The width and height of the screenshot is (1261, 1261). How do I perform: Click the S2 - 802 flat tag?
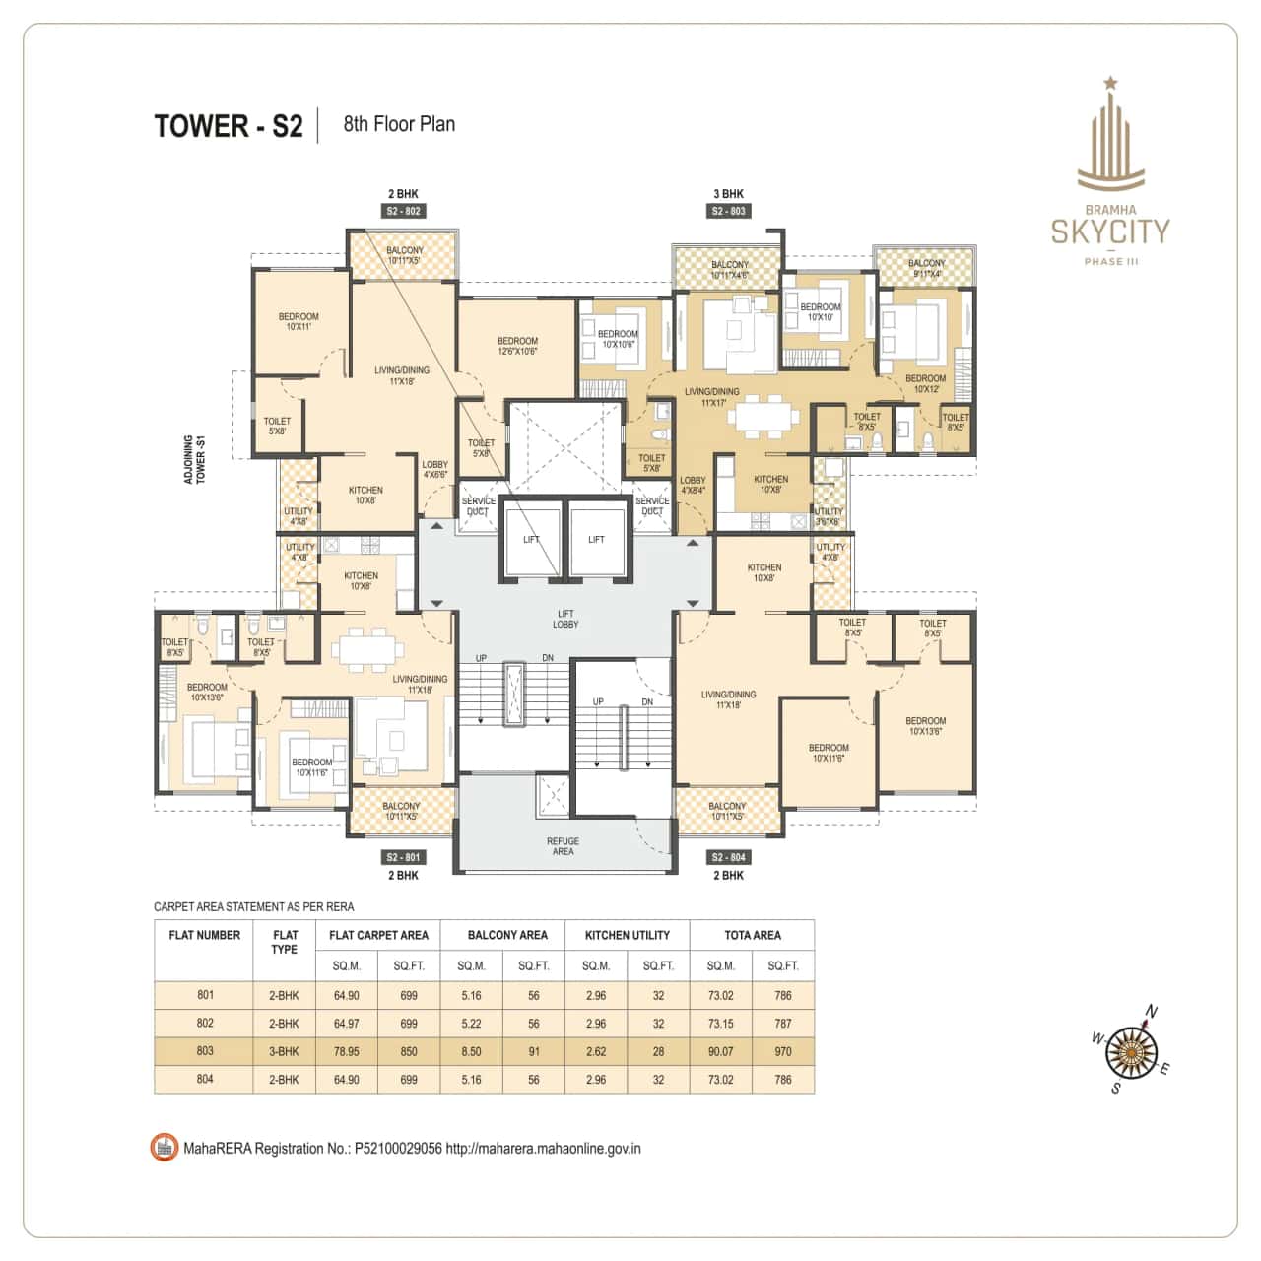[403, 211]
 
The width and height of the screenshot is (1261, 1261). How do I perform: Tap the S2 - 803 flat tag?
[728, 211]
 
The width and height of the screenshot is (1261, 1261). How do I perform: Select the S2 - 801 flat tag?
[403, 857]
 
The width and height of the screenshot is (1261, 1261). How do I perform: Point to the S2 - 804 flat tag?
[728, 857]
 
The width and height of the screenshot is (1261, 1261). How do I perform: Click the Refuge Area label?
[563, 846]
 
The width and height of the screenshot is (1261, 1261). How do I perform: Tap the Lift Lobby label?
[565, 619]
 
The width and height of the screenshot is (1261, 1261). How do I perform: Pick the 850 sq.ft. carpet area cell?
[409, 1051]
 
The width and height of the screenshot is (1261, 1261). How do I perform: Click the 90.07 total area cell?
[721, 1051]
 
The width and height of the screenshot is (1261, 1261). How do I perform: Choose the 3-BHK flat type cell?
[284, 1051]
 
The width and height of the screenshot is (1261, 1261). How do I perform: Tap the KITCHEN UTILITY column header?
[628, 935]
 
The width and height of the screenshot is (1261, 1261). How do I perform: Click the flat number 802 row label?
[204, 1023]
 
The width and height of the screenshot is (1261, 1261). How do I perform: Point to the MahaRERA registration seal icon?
[164, 1148]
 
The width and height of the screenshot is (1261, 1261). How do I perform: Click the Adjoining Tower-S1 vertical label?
[194, 459]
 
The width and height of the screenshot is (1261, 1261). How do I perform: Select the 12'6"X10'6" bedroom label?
[517, 346]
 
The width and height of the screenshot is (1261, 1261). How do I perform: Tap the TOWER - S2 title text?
[229, 126]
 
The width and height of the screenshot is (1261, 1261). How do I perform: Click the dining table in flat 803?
[763, 415]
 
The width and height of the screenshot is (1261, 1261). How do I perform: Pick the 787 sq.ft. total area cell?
[783, 1024]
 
